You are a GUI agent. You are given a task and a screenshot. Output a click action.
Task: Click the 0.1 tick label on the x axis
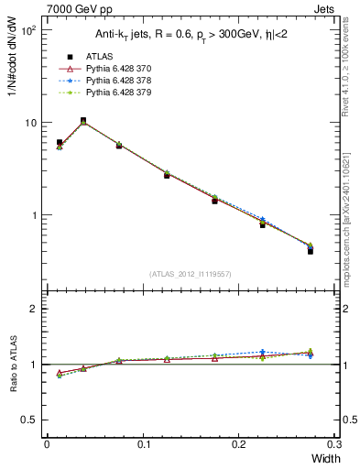[x=143, y=444]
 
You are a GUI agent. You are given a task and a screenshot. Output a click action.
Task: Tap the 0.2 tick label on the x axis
[x=239, y=444]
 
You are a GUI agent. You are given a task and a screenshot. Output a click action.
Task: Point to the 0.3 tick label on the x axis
[x=335, y=444]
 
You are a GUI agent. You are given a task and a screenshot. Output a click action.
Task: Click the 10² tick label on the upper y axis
[x=27, y=30]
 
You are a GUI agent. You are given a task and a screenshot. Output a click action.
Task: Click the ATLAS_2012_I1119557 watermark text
[x=191, y=274]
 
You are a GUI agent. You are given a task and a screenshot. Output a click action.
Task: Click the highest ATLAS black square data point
[x=83, y=120]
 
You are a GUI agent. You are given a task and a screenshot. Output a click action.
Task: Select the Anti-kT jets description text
[x=191, y=35]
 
